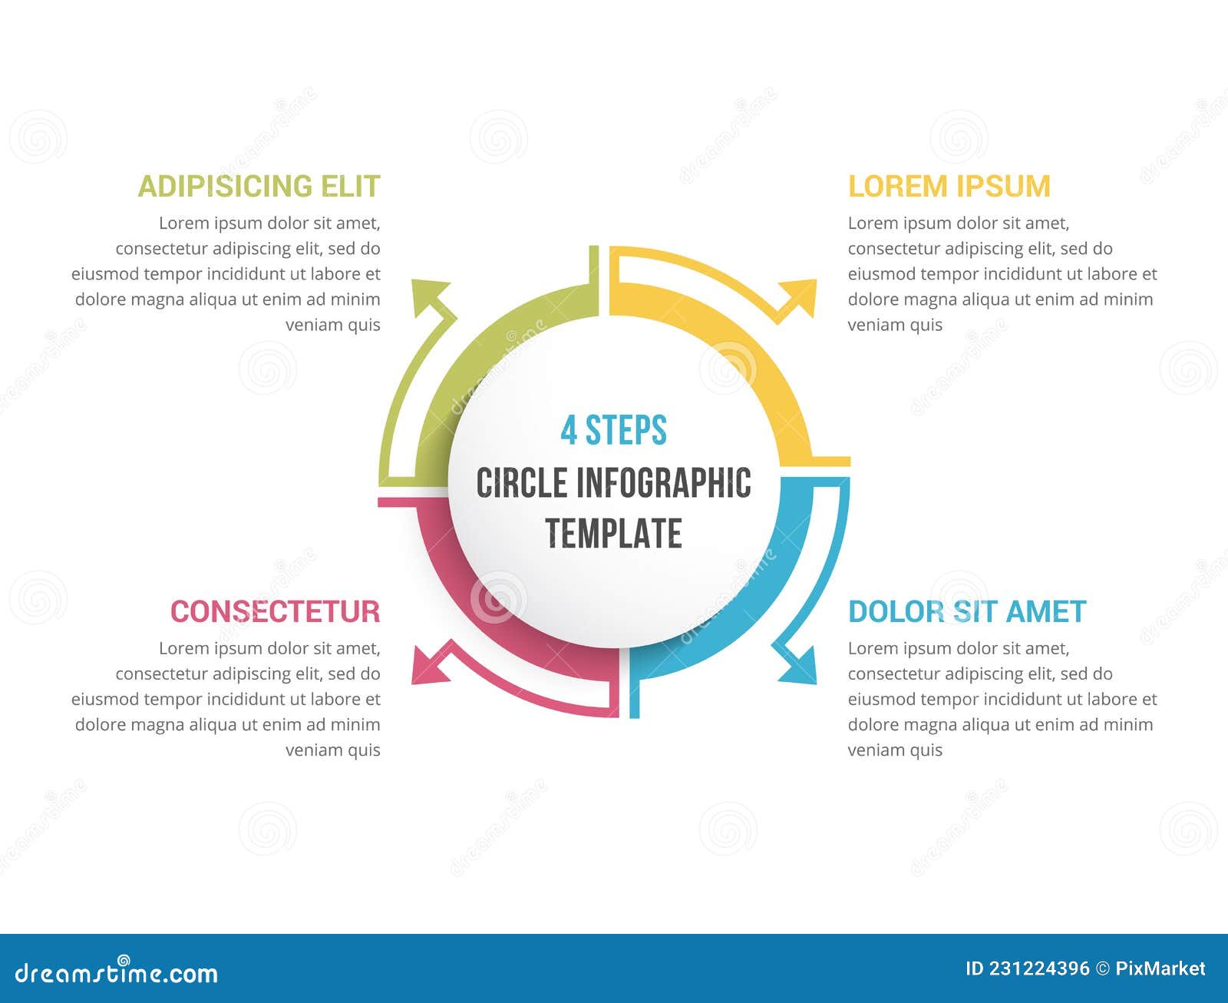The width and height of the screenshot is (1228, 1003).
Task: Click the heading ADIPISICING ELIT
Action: [259, 187]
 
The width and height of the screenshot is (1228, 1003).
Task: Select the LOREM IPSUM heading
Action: [949, 187]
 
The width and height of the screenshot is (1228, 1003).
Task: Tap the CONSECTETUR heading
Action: [275, 612]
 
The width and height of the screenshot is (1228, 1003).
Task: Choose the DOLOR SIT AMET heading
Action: [967, 612]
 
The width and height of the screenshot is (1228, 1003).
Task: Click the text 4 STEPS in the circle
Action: [613, 430]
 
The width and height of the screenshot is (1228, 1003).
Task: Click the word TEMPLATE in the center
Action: [613, 534]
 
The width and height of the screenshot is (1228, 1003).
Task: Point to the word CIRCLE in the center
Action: [521, 483]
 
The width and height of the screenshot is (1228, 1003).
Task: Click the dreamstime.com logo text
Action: [117, 973]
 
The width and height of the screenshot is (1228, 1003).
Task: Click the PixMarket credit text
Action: [1160, 969]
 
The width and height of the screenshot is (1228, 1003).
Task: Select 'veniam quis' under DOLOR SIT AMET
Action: [895, 750]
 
